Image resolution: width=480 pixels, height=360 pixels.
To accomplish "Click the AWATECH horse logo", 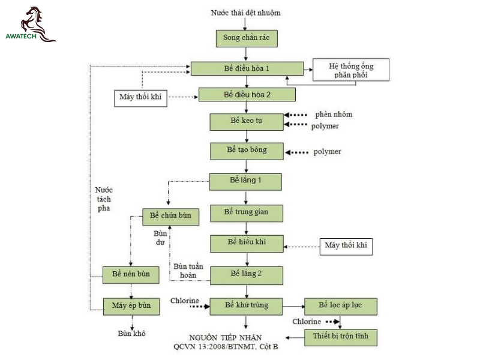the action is click(x=31, y=25).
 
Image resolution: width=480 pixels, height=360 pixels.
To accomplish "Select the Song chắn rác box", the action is click(x=247, y=38).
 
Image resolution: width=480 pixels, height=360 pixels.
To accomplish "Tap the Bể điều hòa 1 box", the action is click(x=247, y=68).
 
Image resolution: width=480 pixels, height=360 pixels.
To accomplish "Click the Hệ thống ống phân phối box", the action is click(x=351, y=70).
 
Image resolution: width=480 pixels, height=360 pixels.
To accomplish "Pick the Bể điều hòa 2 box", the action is click(x=247, y=95).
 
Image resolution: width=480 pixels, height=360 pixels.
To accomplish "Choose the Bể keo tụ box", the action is click(x=247, y=122).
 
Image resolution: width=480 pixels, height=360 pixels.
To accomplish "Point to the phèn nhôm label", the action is click(x=334, y=115).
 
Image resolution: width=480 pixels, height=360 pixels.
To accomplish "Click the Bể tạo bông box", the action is click(x=247, y=151).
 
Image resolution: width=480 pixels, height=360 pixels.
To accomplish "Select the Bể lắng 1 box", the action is click(x=245, y=182).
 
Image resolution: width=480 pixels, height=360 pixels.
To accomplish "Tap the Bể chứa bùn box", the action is click(x=171, y=217).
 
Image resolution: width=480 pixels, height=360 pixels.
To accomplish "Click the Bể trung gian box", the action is click(x=247, y=214).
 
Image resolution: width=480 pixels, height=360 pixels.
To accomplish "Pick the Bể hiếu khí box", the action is click(x=247, y=244).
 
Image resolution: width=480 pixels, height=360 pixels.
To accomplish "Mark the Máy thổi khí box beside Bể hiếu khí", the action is click(x=346, y=247).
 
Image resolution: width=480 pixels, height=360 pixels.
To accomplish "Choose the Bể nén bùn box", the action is click(x=131, y=275).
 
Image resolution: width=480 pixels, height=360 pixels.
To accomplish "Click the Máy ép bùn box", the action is click(x=131, y=307).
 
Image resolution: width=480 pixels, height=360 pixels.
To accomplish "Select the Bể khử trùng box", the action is click(x=247, y=307).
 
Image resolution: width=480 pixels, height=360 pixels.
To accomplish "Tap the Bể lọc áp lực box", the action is click(x=341, y=307).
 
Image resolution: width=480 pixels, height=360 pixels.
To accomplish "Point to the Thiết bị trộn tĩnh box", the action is click(x=341, y=337).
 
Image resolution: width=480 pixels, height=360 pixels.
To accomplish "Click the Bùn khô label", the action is click(x=131, y=334).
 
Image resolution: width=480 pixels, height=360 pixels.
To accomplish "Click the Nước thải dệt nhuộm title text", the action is click(x=246, y=13).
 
